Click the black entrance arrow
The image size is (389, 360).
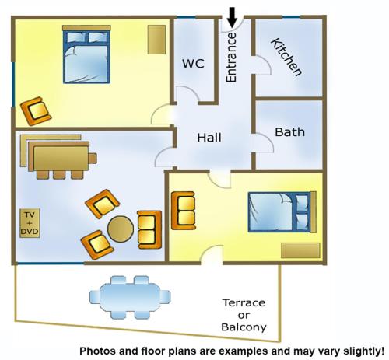coord(232,17)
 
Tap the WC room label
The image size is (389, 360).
coord(193,64)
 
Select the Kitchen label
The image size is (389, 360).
coord(286,57)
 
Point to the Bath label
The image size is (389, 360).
coord(289,132)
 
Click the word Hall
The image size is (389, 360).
coord(209,138)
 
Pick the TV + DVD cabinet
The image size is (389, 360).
coord(30,223)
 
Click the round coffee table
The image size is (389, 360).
coord(121,229)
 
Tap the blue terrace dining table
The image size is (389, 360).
coord(130,297)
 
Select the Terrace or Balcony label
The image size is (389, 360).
coord(244,315)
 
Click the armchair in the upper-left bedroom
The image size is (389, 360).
coord(36,111)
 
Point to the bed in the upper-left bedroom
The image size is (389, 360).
coord(86,54)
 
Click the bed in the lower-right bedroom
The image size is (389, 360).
coord(282,212)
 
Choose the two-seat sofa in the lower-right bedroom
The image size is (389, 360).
coord(184,211)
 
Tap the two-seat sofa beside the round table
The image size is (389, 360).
coord(149,230)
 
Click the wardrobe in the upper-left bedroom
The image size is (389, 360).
coord(156,40)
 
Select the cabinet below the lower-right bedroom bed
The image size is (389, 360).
coord(300,250)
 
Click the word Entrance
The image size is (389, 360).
coord(231,58)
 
